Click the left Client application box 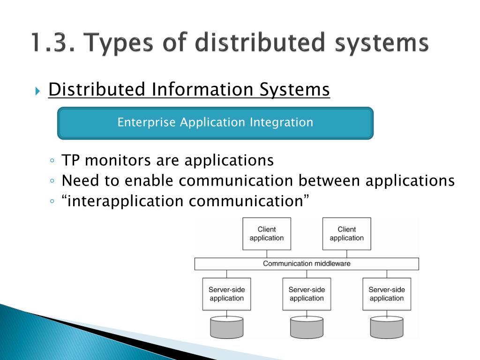coord(267,233)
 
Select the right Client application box coord(347,233)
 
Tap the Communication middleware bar coord(307,263)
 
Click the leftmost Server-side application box coord(226,294)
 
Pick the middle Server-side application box coord(307,294)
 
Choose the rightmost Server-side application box coord(387,294)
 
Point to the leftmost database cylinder coord(226,327)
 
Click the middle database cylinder coord(307,327)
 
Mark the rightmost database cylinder coord(387,327)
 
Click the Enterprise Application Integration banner coord(215,123)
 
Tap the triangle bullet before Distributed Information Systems coord(38,90)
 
